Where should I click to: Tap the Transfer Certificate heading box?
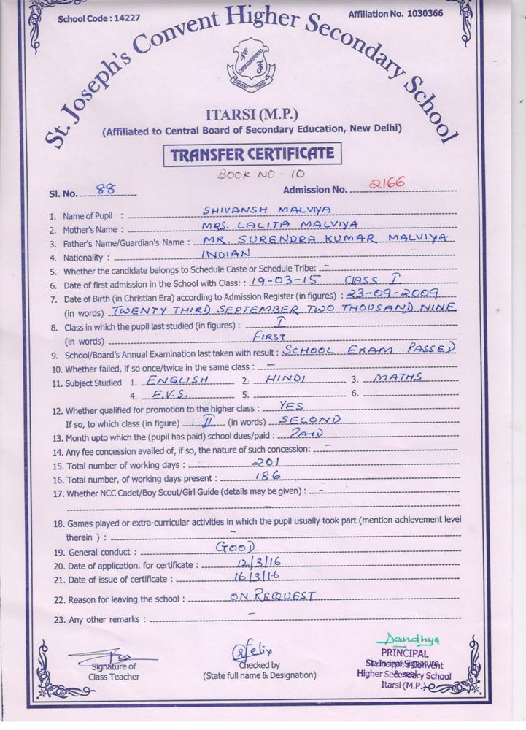pyautogui.click(x=252, y=154)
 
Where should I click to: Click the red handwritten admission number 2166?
pyautogui.click(x=387, y=183)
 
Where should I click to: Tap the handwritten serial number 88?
pyautogui.click(x=105, y=189)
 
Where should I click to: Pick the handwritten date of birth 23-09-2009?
pyautogui.click(x=392, y=293)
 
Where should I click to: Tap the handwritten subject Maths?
pyautogui.click(x=398, y=378)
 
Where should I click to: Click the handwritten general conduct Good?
pyautogui.click(x=235, y=547)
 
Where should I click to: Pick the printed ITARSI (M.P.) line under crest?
pyautogui.click(x=252, y=115)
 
